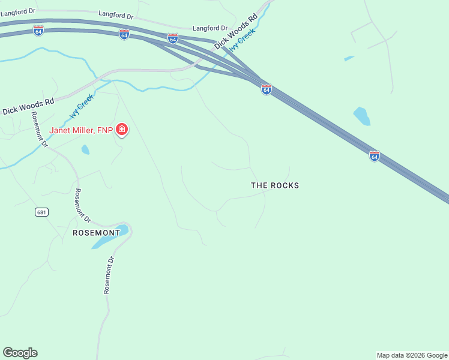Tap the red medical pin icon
pyautogui.click(x=122, y=130)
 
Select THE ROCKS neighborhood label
pyautogui.click(x=274, y=185)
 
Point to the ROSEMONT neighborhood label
pyautogui.click(x=96, y=232)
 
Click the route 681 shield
pyautogui.click(x=41, y=212)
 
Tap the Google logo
pyautogui.click(x=20, y=353)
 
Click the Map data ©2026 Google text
pyautogui.click(x=412, y=355)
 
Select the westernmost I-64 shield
pyautogui.click(x=38, y=30)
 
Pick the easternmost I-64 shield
pyautogui.click(x=374, y=156)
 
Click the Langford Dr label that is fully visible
pyautogui.click(x=210, y=28)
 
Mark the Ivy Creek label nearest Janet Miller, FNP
pyautogui.click(x=82, y=106)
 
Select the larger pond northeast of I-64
pyautogui.click(x=361, y=116)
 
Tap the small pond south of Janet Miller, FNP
pyautogui.click(x=85, y=149)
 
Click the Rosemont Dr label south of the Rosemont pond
pyautogui.click(x=108, y=275)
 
